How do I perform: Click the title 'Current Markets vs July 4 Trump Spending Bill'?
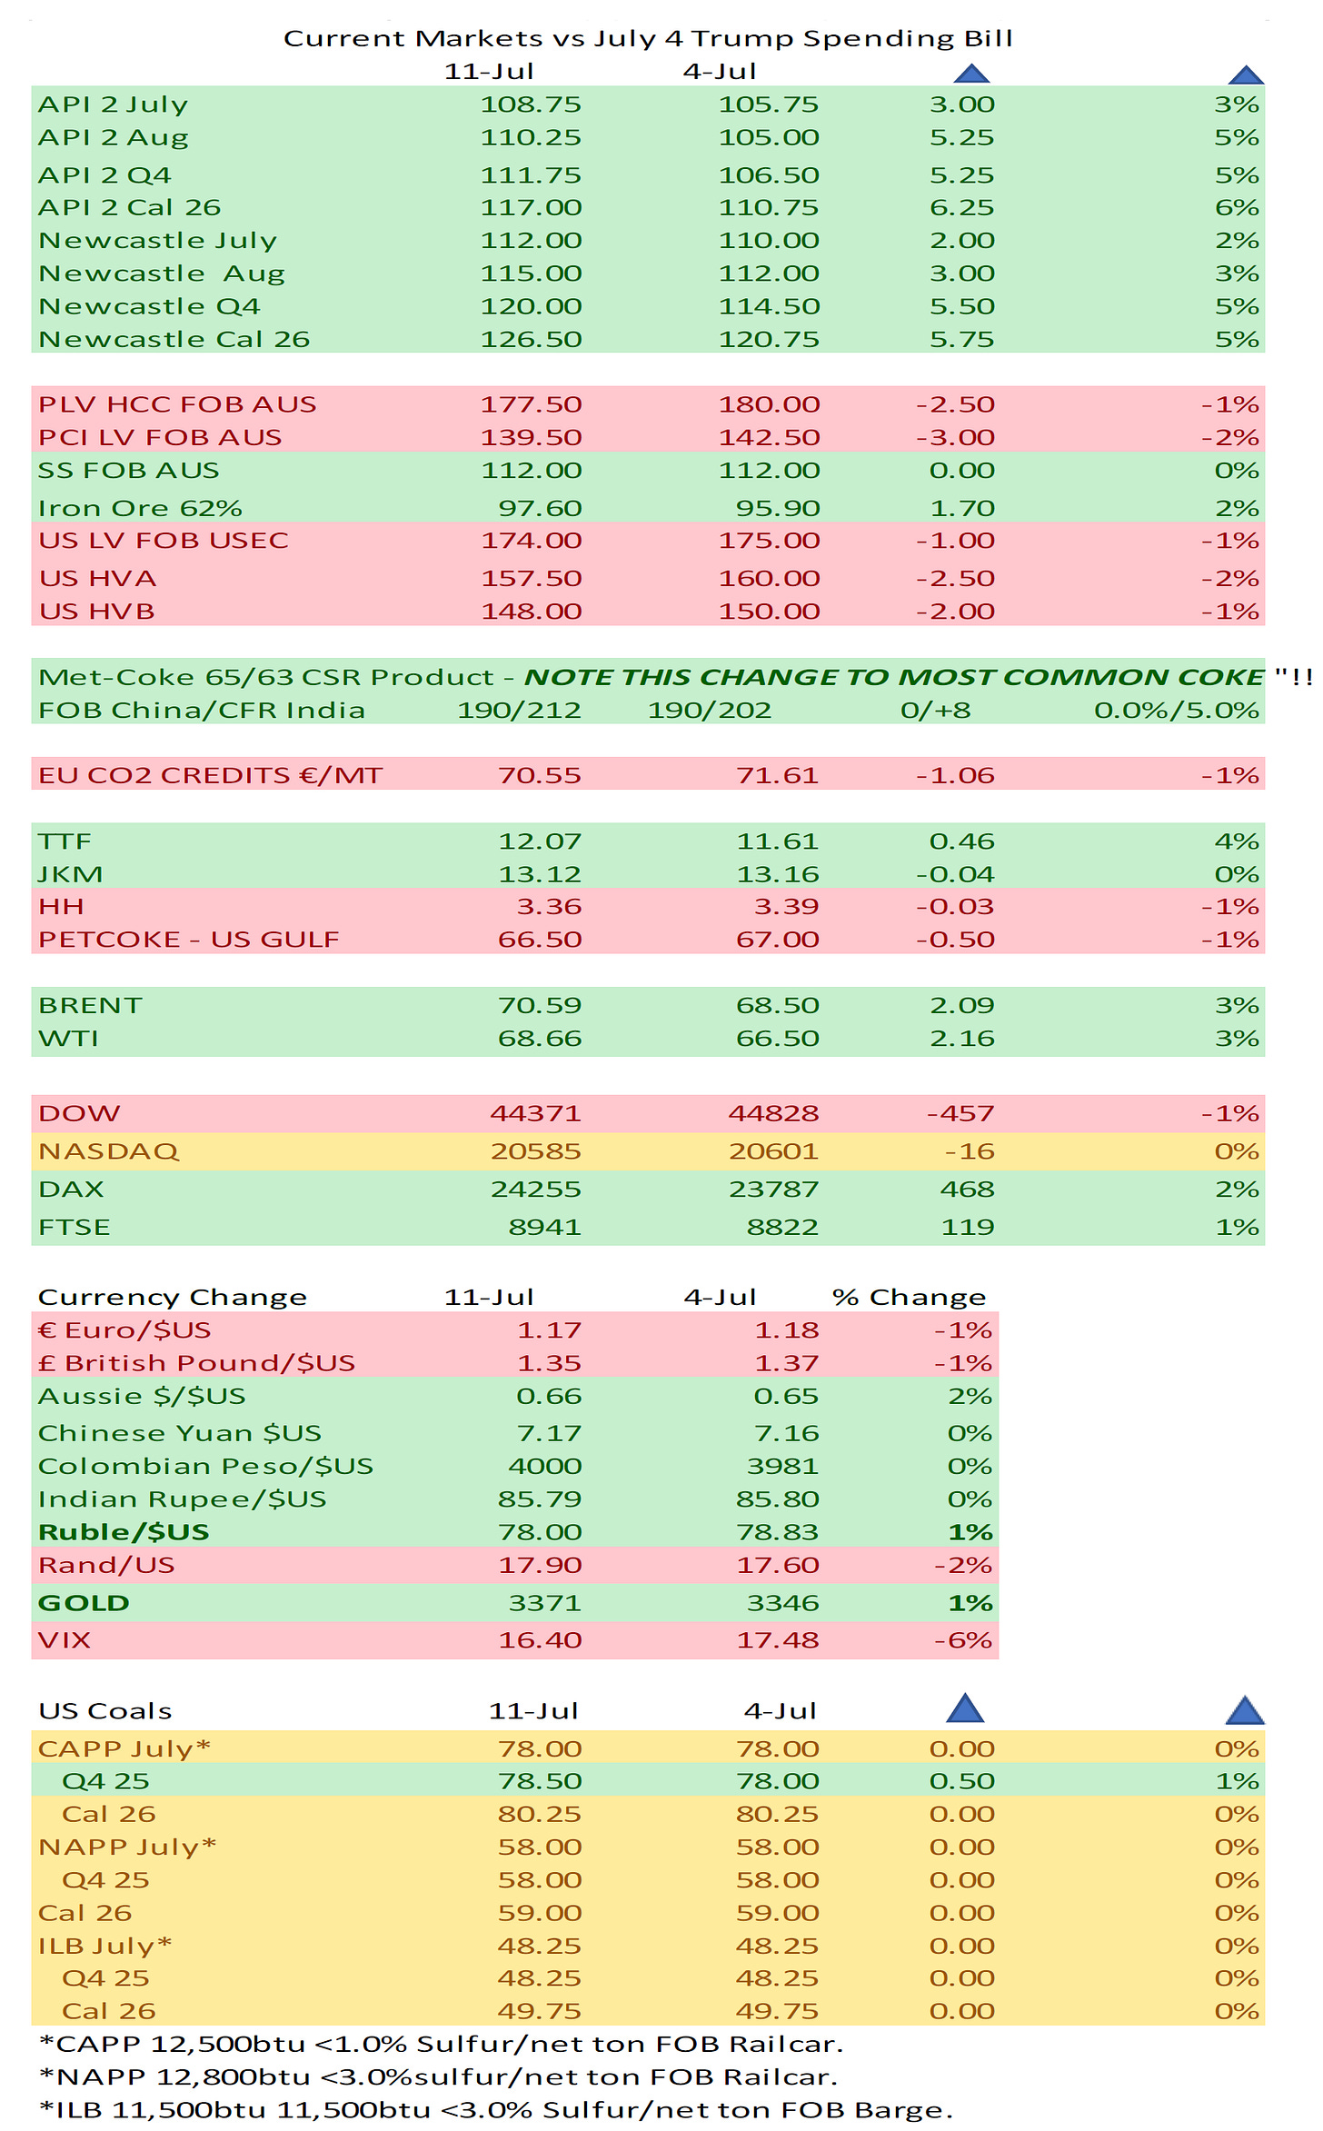648,38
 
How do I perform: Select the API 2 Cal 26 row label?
129,207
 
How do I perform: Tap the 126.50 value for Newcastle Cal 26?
531,339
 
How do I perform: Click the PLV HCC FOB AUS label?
177,404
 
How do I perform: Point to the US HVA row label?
97,578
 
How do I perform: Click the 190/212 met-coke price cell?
519,710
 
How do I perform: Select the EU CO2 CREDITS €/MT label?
210,775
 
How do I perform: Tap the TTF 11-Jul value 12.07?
540,841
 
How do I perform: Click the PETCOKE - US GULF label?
188,940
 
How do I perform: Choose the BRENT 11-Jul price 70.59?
540,1005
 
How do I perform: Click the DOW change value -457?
960,1113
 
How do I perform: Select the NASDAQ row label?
108,1151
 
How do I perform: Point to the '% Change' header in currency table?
909,1297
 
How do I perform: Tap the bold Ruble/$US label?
124,1532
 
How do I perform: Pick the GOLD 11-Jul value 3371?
545,1603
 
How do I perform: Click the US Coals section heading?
104,1711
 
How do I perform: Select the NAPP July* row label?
127,1847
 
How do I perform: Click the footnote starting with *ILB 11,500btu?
495,2110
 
